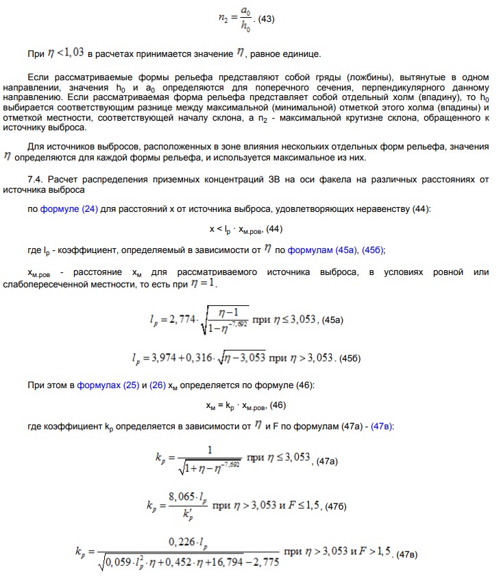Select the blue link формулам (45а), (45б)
click(336, 250)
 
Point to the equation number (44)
click(274, 228)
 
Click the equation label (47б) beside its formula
click(336, 506)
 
